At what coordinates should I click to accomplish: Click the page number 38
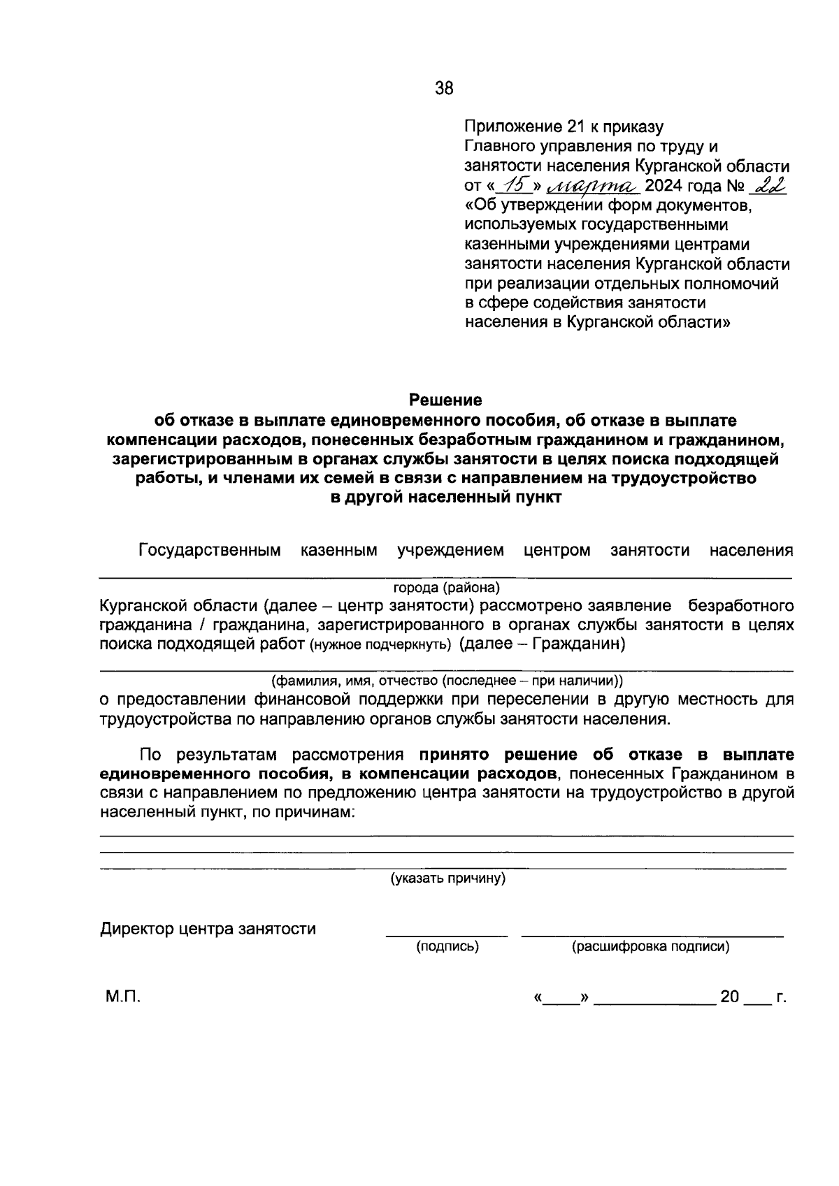tap(444, 88)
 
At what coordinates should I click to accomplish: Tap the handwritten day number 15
tap(515, 185)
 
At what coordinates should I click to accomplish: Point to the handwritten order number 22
tap(767, 185)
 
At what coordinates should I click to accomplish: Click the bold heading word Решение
tap(445, 400)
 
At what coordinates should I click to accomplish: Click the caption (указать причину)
tap(447, 878)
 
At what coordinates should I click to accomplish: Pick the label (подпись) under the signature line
tap(447, 947)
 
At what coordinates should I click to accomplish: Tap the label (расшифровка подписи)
tap(650, 947)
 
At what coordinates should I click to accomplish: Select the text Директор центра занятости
tap(208, 929)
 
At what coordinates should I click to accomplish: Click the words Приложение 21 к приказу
tap(564, 126)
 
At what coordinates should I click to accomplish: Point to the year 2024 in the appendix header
tap(667, 186)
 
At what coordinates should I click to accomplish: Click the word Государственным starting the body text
tap(210, 551)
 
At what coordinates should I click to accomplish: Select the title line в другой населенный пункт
tap(445, 498)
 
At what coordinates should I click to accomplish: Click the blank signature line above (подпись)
tap(447, 934)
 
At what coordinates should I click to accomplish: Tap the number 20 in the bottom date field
tap(729, 997)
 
